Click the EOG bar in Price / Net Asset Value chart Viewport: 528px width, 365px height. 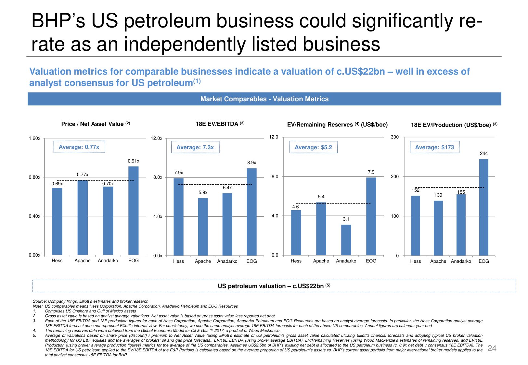point(133,211)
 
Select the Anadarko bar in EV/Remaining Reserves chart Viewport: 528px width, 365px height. point(346,240)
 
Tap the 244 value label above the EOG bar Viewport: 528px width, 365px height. point(483,153)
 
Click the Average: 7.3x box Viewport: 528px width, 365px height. point(195,147)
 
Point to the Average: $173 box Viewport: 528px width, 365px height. point(434,147)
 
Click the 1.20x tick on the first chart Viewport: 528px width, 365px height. point(34,138)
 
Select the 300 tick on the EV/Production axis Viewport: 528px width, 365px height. point(394,137)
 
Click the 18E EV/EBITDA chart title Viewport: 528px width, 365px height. point(220,124)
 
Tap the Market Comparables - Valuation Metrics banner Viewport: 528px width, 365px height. point(264,99)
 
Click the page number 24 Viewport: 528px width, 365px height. point(492,348)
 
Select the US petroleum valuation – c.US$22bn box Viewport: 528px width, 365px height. point(274,286)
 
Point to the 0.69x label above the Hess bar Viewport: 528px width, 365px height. point(57,184)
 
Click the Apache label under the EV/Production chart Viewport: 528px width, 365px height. point(438,261)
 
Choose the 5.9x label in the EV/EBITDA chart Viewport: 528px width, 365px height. point(203,192)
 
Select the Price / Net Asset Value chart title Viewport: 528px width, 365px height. point(96,124)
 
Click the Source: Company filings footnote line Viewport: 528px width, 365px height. point(91,301)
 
